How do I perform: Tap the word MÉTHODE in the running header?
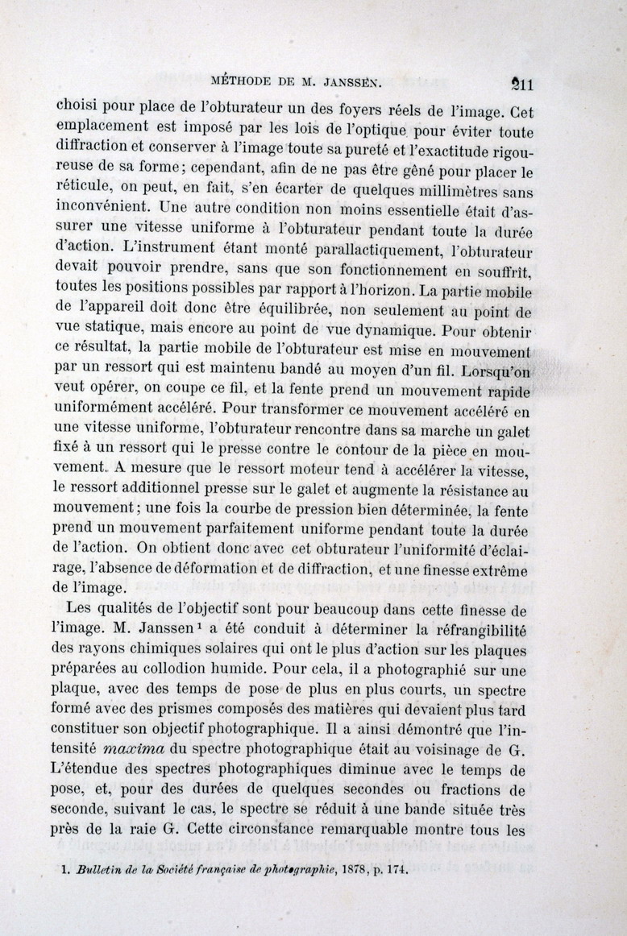[242, 81]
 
